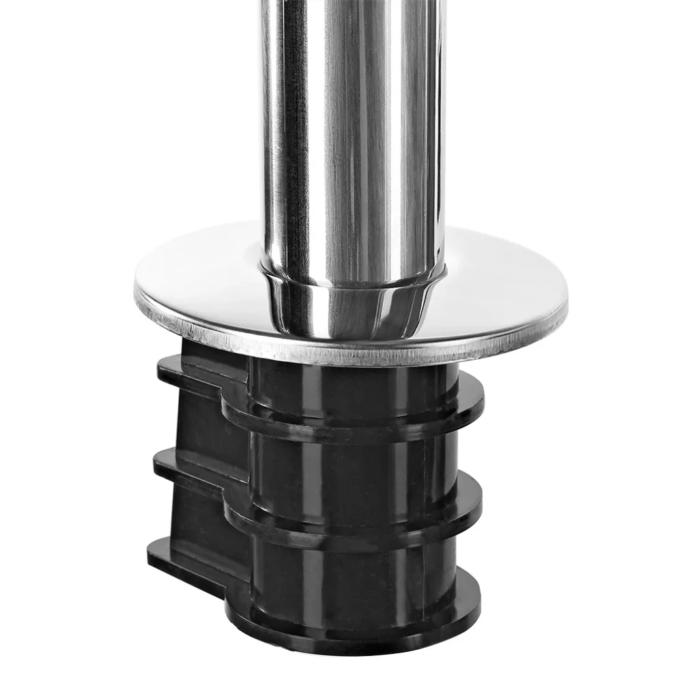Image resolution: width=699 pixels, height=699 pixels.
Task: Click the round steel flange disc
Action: [x=491, y=287]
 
